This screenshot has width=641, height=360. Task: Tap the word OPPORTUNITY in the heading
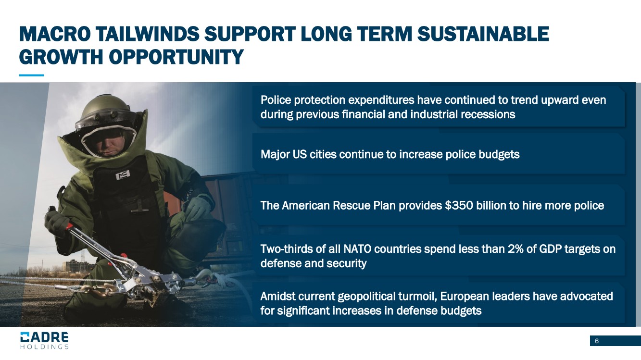click(x=176, y=57)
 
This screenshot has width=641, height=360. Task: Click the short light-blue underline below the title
click(x=31, y=75)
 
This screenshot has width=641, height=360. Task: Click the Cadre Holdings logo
click(x=44, y=340)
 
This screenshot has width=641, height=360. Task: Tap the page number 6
click(x=597, y=341)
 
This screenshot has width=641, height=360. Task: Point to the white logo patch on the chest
click(x=123, y=174)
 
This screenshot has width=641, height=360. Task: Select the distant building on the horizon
click(x=78, y=266)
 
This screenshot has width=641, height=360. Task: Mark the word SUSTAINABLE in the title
click(x=483, y=34)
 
